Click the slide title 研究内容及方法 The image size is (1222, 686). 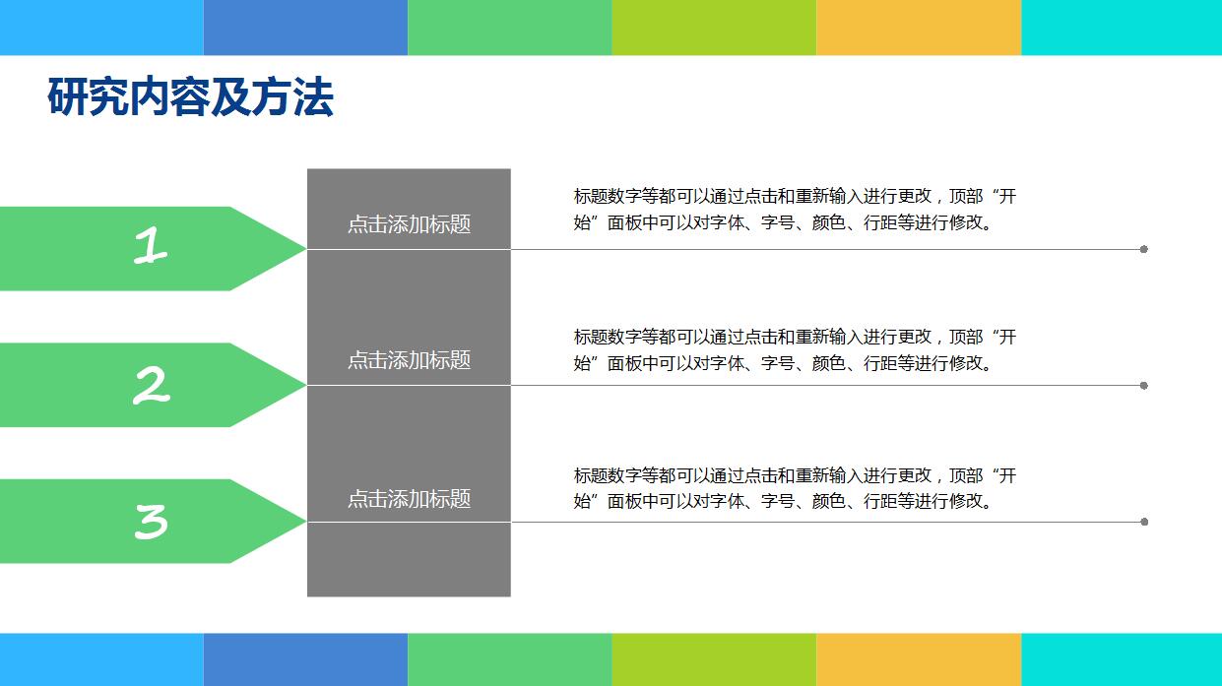190,97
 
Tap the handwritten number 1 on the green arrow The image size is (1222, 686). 151,246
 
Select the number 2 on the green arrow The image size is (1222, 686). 151,385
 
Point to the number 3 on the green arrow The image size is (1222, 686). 151,521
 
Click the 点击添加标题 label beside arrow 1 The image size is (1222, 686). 409,224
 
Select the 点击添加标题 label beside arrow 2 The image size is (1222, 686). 409,360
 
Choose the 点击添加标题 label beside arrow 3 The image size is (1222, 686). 409,499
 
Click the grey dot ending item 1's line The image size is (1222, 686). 1144,249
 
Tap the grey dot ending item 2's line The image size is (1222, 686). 1144,386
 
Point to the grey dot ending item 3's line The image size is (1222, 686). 1144,522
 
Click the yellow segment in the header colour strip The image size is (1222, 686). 918,28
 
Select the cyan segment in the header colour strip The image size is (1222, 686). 1121,28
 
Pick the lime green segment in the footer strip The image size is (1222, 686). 714,659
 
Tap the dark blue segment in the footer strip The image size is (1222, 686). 305,659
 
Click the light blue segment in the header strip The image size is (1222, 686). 101,28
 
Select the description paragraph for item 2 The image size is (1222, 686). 795,350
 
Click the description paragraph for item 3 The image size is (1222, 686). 795,488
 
